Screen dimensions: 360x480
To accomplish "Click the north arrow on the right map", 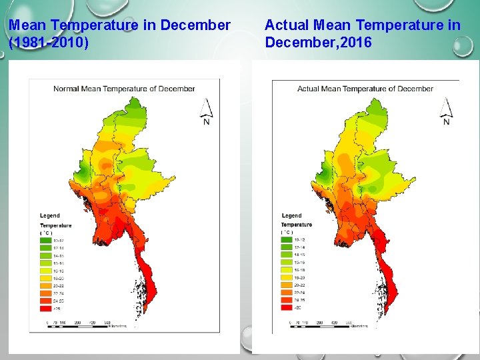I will pos(446,111).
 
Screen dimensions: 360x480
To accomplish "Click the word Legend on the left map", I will pos(49,215).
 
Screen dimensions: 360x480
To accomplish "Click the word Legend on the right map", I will pos(291,215).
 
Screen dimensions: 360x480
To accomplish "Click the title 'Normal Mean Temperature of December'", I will pos(124,89).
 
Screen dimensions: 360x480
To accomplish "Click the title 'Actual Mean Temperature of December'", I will pos(365,89).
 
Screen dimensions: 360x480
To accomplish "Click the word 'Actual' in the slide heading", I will pos(286,25).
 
